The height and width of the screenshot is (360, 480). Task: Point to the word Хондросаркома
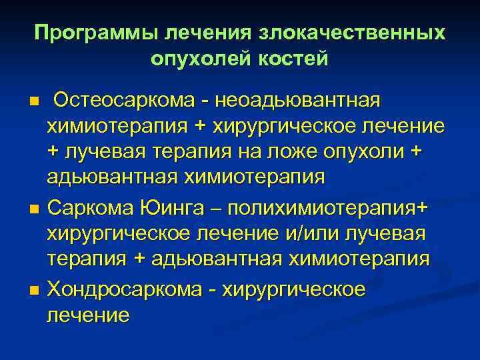click(123, 291)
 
